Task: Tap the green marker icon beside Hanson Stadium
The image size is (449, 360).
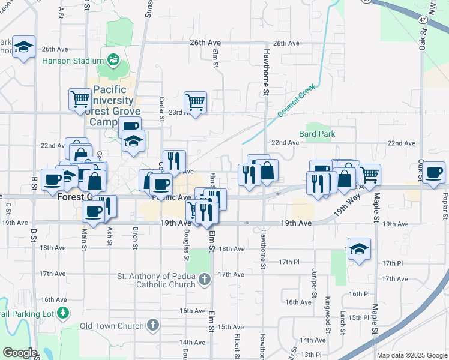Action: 112,60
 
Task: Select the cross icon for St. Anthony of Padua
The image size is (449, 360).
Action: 205,279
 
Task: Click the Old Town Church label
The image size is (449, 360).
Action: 112,326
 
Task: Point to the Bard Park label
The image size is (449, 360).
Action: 318,134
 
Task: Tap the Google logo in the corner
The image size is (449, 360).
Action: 20,353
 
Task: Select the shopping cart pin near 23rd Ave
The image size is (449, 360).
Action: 195,103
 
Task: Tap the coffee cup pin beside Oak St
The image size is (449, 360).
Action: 433,173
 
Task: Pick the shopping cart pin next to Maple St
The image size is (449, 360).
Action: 370,174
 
